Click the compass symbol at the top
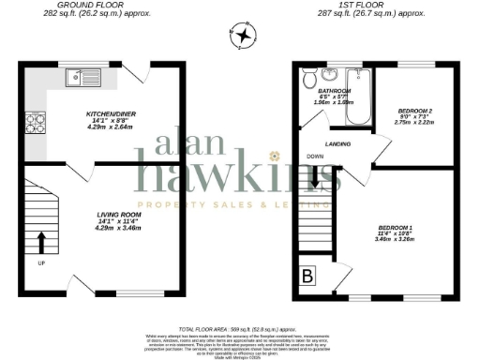(243, 37)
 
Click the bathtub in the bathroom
(358, 99)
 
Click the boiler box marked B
(307, 277)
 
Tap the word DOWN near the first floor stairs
(315, 157)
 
